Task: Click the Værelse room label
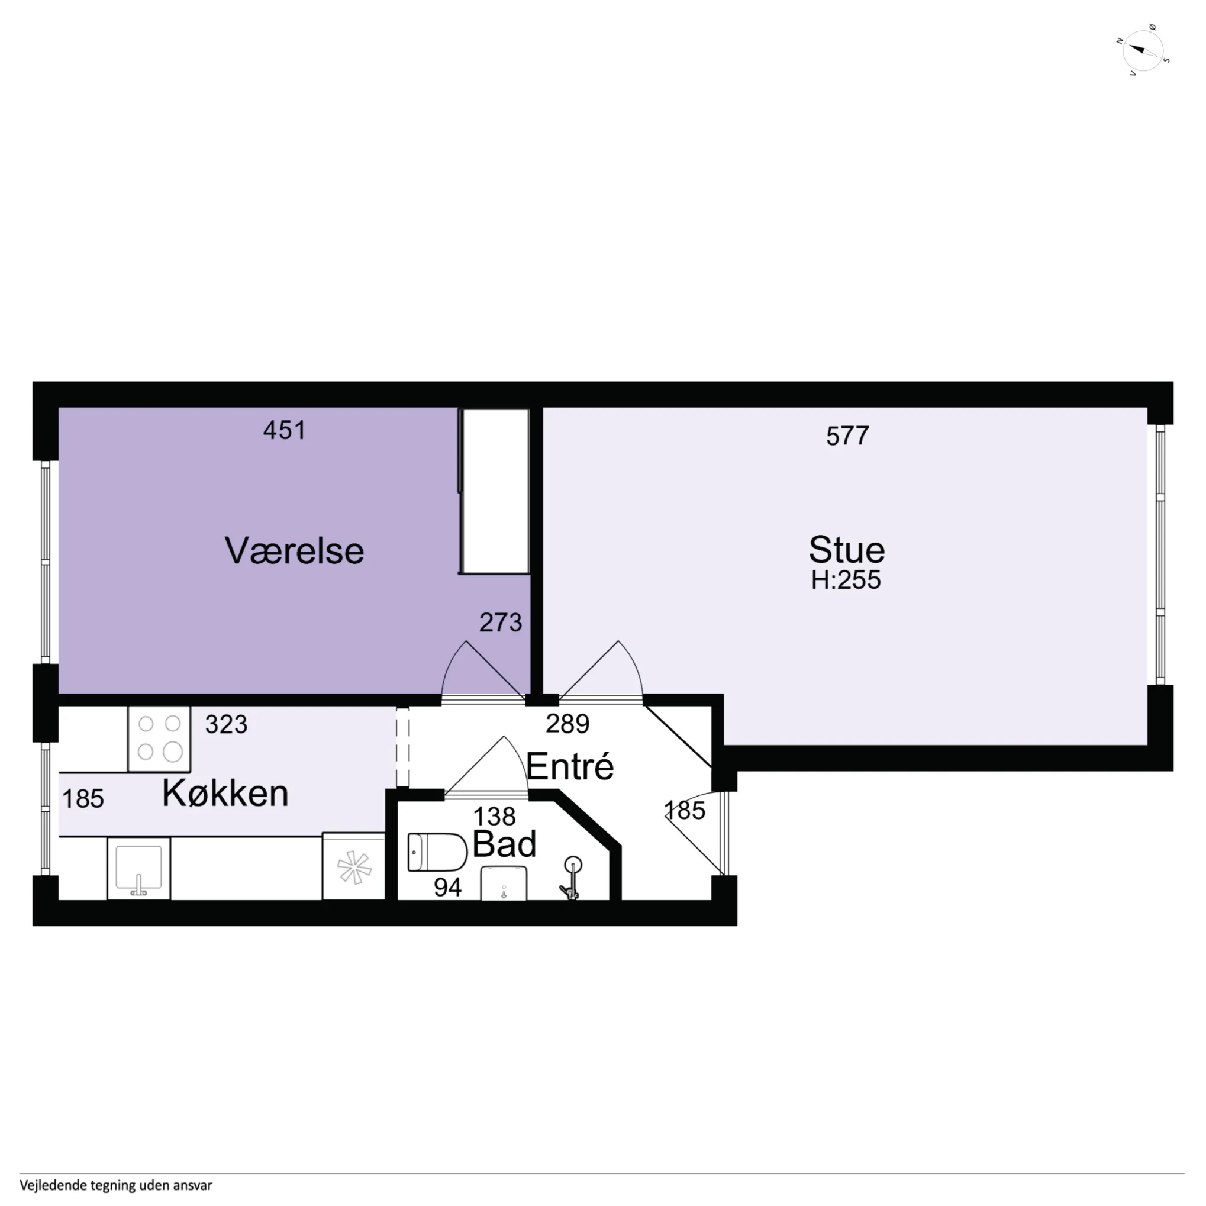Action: click(294, 551)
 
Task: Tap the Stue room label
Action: click(846, 550)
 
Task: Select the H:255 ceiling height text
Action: click(846, 581)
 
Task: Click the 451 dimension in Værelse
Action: click(285, 431)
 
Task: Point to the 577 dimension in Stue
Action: click(847, 436)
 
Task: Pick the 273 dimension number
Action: click(500, 623)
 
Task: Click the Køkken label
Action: click(225, 794)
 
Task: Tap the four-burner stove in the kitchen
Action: click(159, 739)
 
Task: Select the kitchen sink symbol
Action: click(138, 868)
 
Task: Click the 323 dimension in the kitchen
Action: click(226, 725)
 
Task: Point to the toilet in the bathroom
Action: click(437, 852)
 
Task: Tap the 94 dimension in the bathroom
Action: click(447, 888)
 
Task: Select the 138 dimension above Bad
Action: click(494, 817)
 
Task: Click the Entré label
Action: click(570, 767)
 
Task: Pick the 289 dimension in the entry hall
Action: click(567, 724)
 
